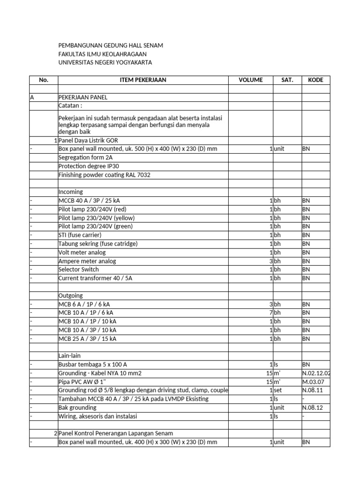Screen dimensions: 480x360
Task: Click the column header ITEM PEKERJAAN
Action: (x=143, y=80)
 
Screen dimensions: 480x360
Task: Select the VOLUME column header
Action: (x=251, y=80)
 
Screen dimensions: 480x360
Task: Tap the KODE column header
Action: (x=315, y=80)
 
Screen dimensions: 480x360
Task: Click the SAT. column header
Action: (x=287, y=80)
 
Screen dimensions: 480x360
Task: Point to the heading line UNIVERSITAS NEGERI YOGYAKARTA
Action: (x=105, y=62)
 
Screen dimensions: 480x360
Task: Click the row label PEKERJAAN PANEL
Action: (x=83, y=97)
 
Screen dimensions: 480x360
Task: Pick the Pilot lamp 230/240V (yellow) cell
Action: (x=96, y=218)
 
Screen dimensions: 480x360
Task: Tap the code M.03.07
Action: (x=313, y=382)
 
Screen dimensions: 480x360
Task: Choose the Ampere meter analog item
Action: (x=87, y=261)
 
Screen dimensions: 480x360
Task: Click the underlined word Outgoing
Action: (x=71, y=296)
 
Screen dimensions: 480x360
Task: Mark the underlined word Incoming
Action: (x=71, y=192)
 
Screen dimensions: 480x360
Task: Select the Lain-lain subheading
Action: (x=70, y=356)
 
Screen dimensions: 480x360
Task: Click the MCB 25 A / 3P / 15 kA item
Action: (x=88, y=338)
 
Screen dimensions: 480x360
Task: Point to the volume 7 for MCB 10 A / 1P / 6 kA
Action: (x=271, y=313)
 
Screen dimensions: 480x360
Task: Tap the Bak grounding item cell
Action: (x=78, y=407)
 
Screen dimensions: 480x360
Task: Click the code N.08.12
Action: (x=313, y=407)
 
